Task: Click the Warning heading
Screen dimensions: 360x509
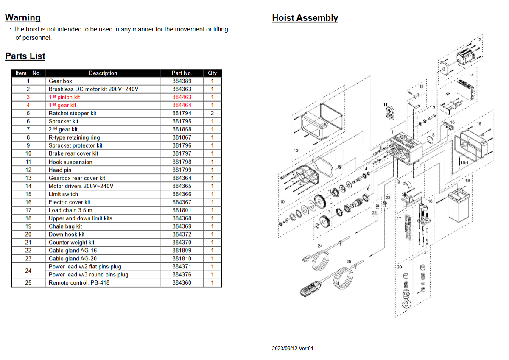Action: pyautogui.click(x=23, y=18)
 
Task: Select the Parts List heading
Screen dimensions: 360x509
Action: pyautogui.click(x=25, y=56)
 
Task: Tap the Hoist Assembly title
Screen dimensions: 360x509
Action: pyautogui.click(x=305, y=18)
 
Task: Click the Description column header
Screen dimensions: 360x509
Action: pyautogui.click(x=103, y=73)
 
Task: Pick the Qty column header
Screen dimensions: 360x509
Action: pyautogui.click(x=212, y=73)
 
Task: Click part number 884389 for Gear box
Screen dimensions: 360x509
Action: pyautogui.click(x=182, y=81)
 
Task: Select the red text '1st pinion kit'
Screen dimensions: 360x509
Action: pyautogui.click(x=64, y=97)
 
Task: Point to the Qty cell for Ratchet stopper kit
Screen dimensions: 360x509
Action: pyautogui.click(x=212, y=113)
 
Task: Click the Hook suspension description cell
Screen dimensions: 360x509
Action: pyautogui.click(x=70, y=162)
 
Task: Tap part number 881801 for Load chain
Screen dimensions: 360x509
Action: pyautogui.click(x=182, y=210)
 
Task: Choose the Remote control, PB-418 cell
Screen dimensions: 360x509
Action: pyautogui.click(x=79, y=283)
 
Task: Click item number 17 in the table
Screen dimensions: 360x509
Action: pyautogui.click(x=28, y=210)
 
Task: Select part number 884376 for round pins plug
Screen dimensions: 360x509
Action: pyautogui.click(x=182, y=275)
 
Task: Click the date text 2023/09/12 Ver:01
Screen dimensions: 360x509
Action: pyautogui.click(x=293, y=349)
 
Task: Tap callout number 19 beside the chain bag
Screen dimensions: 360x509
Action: pyautogui.click(x=467, y=181)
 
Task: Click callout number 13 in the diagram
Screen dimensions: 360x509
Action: pyautogui.click(x=296, y=151)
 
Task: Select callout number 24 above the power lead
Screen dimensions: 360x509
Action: pyautogui.click(x=320, y=246)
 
